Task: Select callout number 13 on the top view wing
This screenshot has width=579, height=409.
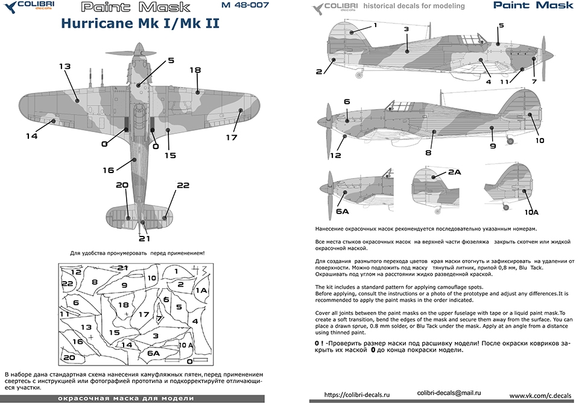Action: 65,66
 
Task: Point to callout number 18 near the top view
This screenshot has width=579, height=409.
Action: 195,70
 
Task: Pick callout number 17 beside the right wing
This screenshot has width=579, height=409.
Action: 232,137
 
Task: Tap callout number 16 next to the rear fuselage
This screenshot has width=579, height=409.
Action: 108,170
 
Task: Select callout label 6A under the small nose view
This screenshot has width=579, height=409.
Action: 343,211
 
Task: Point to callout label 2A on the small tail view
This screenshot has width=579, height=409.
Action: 454,173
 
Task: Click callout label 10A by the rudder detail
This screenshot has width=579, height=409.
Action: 531,212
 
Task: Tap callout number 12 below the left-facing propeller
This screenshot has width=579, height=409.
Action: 336,155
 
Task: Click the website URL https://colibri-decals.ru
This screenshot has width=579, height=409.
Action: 358,395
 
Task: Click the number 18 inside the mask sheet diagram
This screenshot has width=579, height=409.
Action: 123,305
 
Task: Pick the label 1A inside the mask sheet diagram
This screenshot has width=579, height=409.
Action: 201,290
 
